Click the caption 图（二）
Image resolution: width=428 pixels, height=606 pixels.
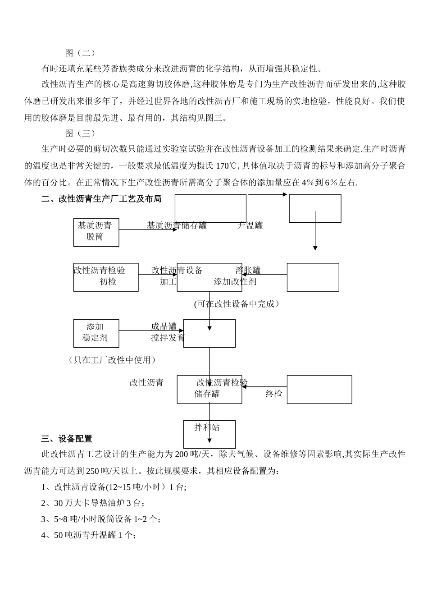tap(81, 53)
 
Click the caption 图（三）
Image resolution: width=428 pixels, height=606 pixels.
tap(81, 133)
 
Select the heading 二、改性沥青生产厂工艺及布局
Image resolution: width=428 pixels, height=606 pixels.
tap(101, 199)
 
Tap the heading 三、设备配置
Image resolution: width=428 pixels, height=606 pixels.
tap(67, 439)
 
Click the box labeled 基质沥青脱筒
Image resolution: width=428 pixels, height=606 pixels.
tap(96, 232)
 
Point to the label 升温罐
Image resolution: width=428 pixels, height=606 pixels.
tap(250, 225)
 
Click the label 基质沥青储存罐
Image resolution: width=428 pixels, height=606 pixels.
tap(177, 225)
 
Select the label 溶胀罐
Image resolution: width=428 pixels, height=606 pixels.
tap(248, 271)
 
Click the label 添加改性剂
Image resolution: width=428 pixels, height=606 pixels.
tap(235, 282)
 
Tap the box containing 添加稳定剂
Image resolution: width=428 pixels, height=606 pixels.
tap(96, 333)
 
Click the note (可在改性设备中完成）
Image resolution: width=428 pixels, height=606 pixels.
tap(237, 304)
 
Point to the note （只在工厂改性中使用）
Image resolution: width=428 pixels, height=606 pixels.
tap(112, 360)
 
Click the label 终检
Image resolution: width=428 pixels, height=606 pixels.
tap(273, 394)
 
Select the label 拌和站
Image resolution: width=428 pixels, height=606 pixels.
tap(207, 427)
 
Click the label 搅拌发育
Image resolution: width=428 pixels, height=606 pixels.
tap(168, 338)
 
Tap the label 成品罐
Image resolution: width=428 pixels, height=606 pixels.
tap(164, 326)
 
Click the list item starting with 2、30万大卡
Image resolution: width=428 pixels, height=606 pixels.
tap(93, 503)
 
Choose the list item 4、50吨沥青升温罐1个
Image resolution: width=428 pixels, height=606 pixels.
tap(88, 535)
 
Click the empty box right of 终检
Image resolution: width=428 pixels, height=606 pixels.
tap(319, 389)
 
